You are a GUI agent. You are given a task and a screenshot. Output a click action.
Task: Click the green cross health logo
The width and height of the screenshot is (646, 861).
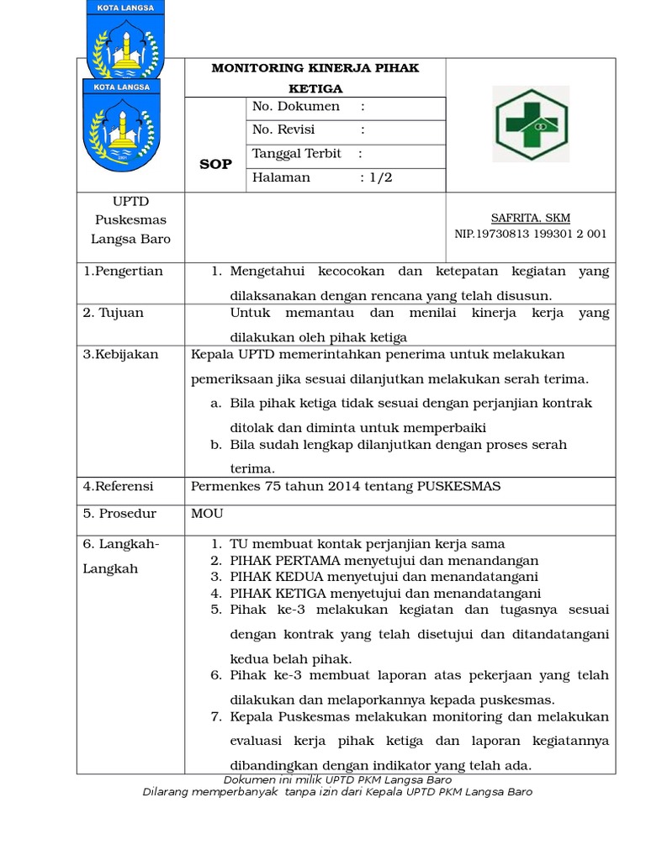click(x=531, y=124)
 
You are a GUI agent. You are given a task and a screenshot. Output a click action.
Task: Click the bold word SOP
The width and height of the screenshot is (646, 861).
click(x=215, y=164)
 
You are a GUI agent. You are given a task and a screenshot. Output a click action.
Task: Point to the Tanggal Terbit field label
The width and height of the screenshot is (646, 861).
click(x=297, y=154)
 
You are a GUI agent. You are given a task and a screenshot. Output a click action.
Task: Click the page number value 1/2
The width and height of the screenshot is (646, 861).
click(x=380, y=177)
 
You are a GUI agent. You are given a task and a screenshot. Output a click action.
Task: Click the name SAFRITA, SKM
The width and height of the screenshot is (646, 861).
click(x=531, y=218)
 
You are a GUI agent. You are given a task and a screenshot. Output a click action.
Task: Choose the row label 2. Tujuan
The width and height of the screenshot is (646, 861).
click(x=114, y=313)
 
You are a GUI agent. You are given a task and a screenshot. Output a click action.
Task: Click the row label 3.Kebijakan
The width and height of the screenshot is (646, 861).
click(x=120, y=354)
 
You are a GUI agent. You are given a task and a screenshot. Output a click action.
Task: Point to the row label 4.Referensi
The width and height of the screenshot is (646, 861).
click(x=119, y=487)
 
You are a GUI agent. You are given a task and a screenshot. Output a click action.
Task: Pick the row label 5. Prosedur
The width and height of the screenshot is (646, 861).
click(x=117, y=513)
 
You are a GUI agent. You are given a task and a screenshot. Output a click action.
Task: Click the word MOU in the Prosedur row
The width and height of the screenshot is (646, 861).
click(x=208, y=513)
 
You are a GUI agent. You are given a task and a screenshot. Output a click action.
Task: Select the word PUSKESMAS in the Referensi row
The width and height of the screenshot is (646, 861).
click(x=458, y=487)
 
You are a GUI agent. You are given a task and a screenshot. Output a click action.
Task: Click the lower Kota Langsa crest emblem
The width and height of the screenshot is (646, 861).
click(x=117, y=124)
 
